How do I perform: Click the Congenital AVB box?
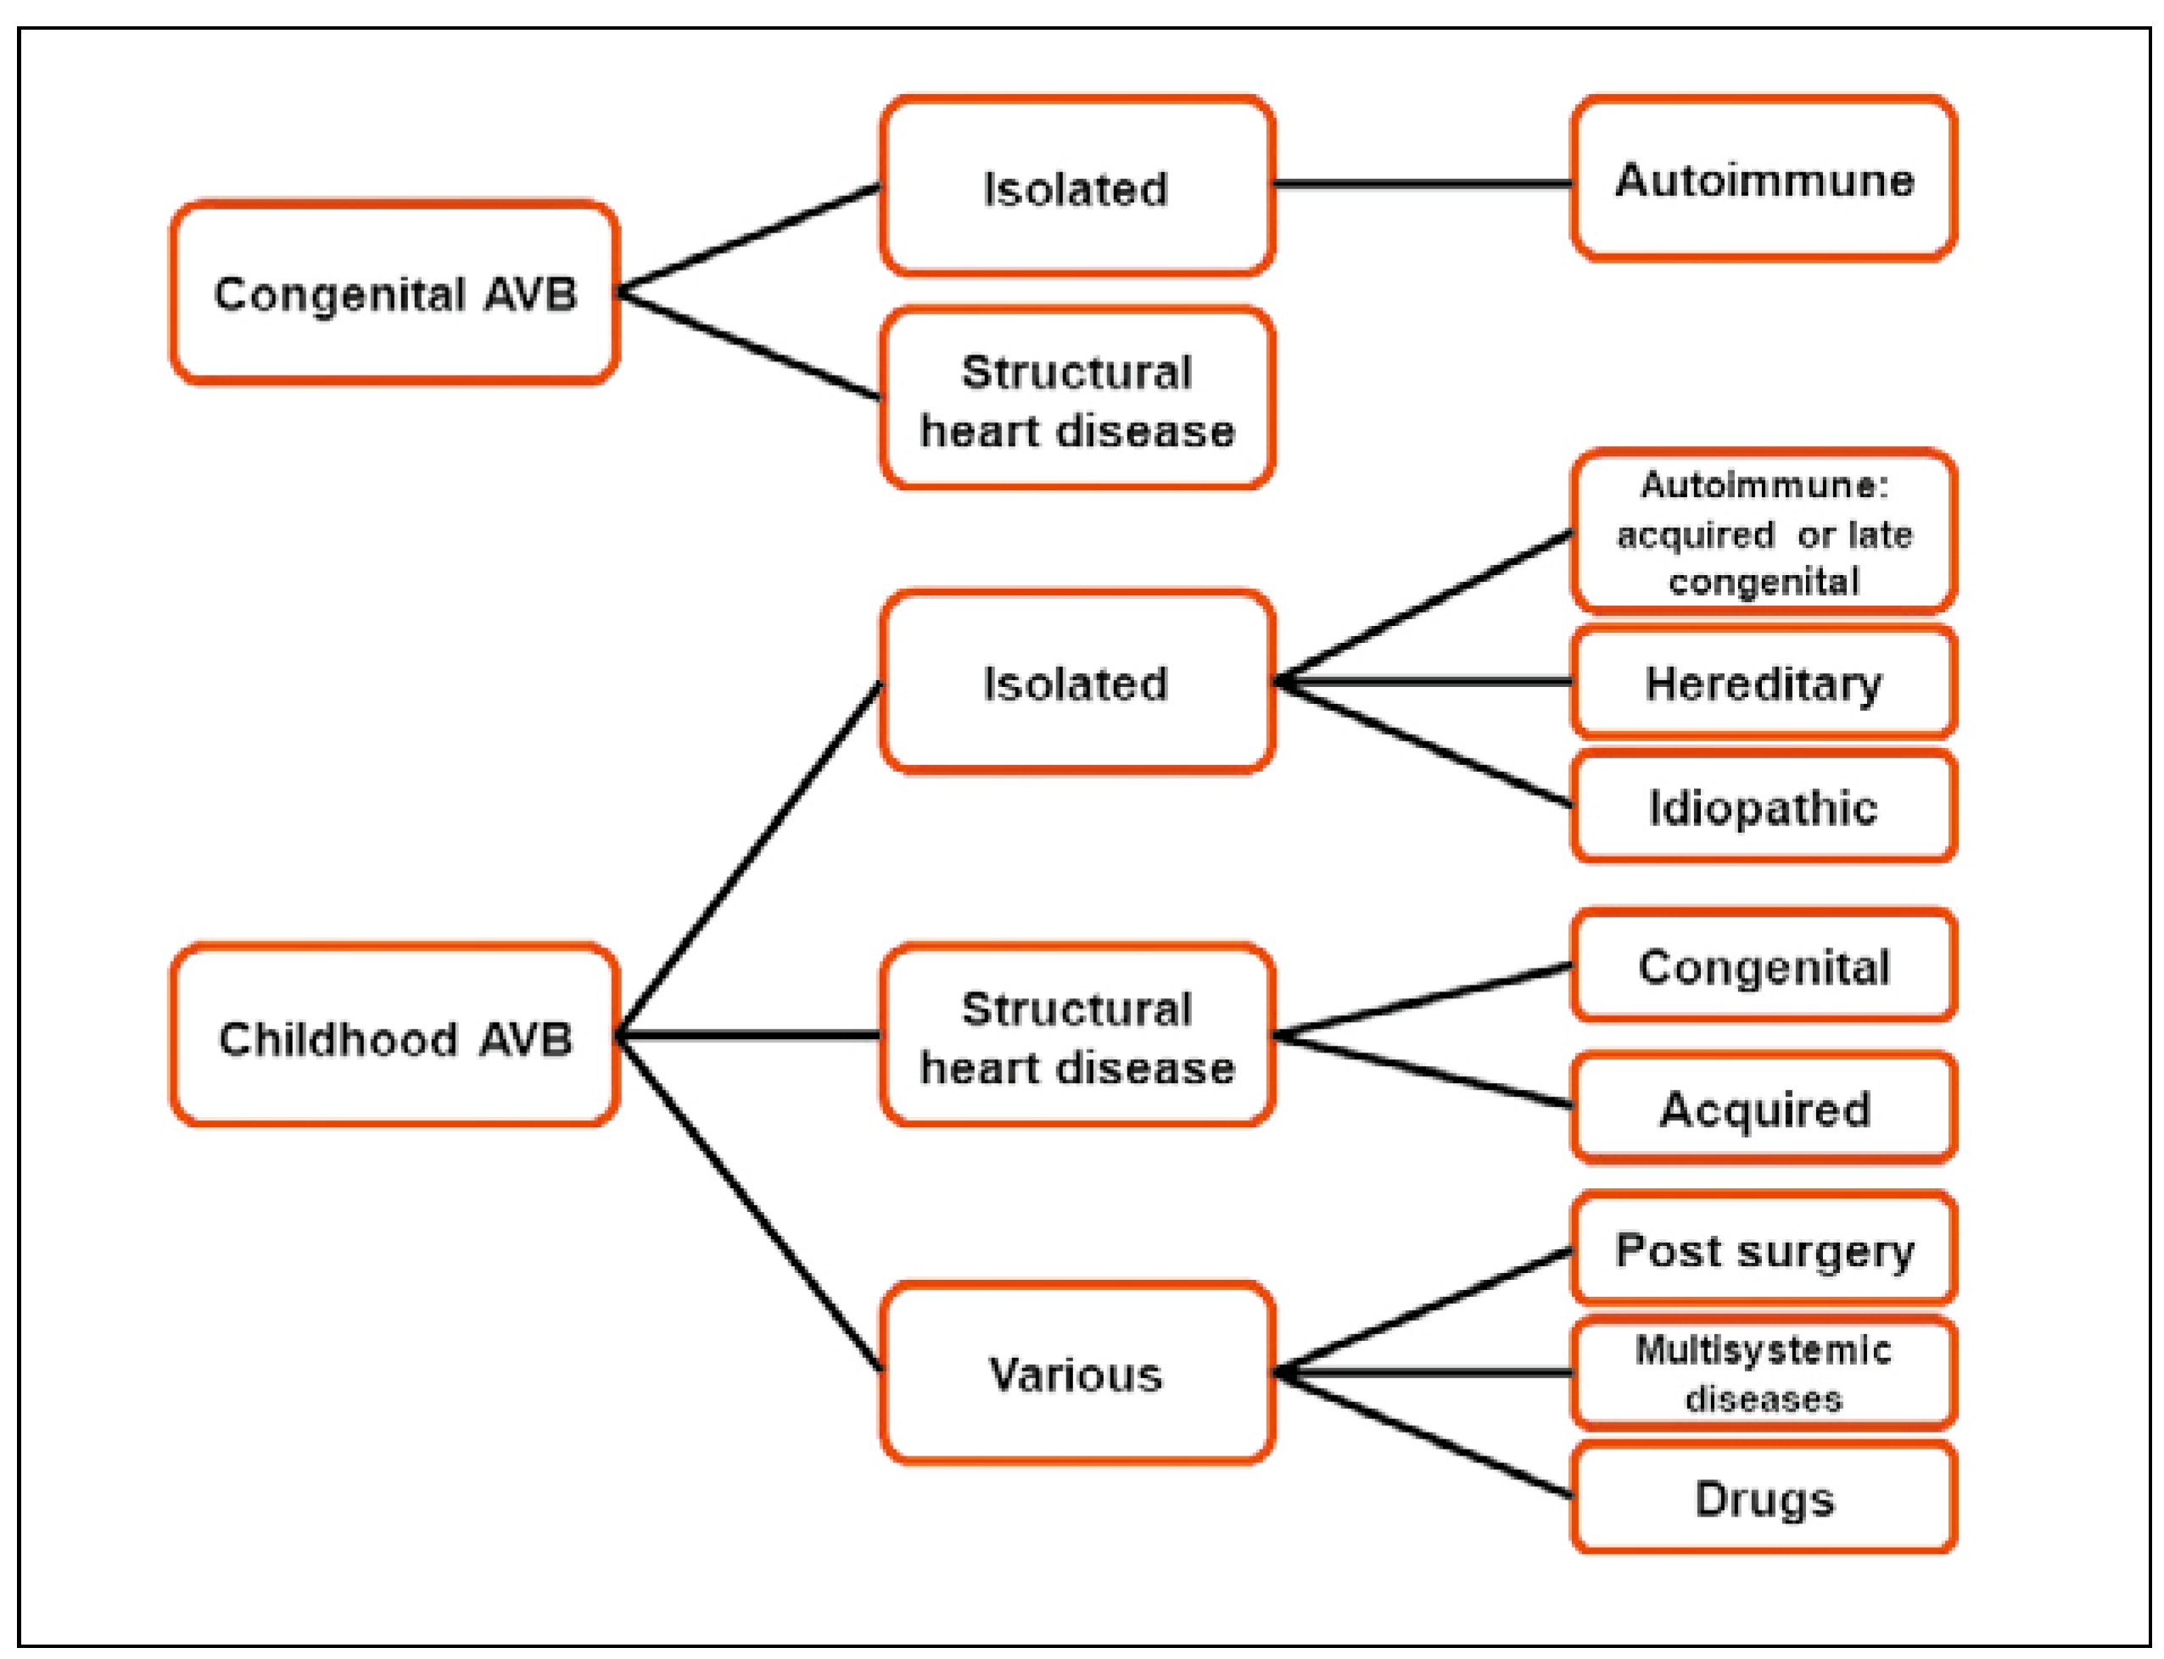[x=395, y=293]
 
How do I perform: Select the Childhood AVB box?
[x=395, y=1036]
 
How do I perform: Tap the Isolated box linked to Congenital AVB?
[x=1076, y=187]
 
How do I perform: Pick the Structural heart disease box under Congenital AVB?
[x=1076, y=400]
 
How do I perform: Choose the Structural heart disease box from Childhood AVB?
[x=1076, y=1036]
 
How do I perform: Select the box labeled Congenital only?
[x=1763, y=967]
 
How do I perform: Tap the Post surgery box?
[x=1763, y=1250]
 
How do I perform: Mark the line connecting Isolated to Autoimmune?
[x=1423, y=184]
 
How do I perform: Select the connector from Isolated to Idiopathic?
[x=1423, y=744]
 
